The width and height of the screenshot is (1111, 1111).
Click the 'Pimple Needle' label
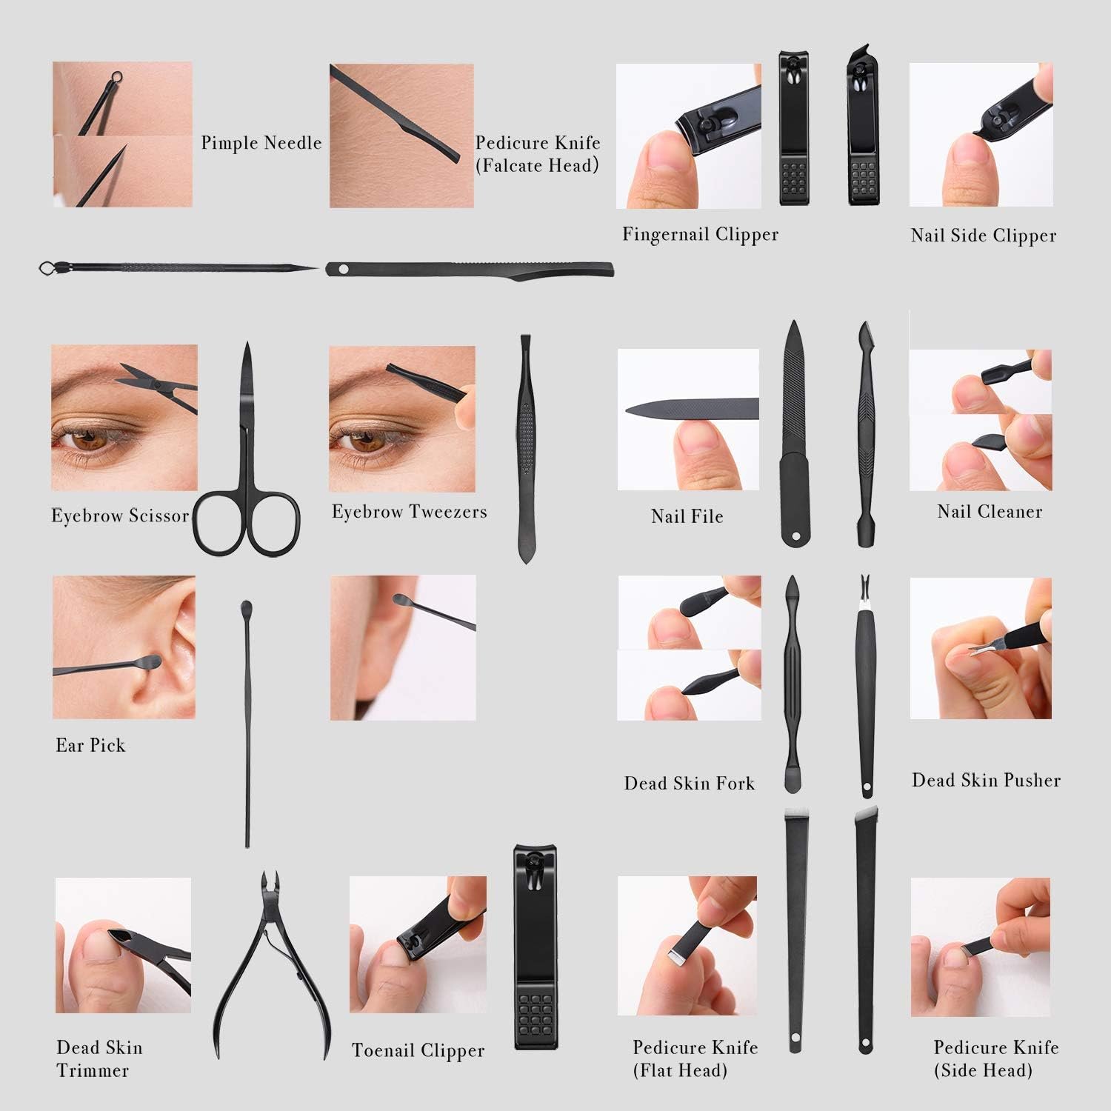pyautogui.click(x=261, y=143)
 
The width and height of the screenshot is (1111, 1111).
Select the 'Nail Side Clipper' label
pyautogui.click(x=983, y=236)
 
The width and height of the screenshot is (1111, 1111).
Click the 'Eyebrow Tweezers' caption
pyautogui.click(x=409, y=512)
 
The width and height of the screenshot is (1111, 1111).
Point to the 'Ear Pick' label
pyautogui.click(x=90, y=745)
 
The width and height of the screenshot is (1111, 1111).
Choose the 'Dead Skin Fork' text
pyautogui.click(x=689, y=784)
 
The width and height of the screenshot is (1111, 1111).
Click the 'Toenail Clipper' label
pyautogui.click(x=418, y=1050)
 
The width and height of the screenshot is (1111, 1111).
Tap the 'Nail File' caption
pyautogui.click(x=687, y=516)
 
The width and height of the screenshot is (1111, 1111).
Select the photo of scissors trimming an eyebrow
pyautogui.click(x=124, y=418)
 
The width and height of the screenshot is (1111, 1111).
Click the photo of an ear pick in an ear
pyautogui.click(x=124, y=647)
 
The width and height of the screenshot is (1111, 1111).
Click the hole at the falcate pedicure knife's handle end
pyautogui.click(x=342, y=269)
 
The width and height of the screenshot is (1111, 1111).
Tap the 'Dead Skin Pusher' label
pyautogui.click(x=986, y=780)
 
